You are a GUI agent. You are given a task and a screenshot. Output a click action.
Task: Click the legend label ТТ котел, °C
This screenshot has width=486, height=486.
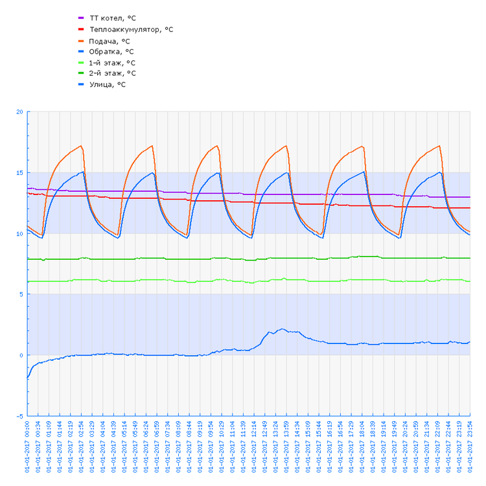[x=112, y=18]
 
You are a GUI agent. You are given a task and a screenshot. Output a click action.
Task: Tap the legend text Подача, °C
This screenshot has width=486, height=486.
[x=110, y=41]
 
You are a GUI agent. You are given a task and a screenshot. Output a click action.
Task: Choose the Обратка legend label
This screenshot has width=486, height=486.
[x=111, y=51]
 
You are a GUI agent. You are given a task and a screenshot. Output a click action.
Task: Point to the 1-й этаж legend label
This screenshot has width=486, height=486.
[x=112, y=63]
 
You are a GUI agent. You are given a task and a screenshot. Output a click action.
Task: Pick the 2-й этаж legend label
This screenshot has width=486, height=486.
[x=112, y=73]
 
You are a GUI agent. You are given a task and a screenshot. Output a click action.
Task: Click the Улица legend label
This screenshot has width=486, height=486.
[x=108, y=84]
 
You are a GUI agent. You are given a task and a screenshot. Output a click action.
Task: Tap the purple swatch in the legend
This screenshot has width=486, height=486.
[x=81, y=18]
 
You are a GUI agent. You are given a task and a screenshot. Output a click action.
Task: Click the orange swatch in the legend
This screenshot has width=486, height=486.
[x=81, y=41]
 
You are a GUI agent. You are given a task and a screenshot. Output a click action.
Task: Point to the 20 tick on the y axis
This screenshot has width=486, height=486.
[x=19, y=112]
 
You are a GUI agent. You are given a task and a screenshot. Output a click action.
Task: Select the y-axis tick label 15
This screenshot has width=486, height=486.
[x=19, y=173]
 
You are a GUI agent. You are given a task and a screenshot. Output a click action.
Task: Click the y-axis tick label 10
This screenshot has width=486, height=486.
[x=19, y=233]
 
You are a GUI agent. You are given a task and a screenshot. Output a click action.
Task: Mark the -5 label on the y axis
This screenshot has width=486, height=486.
[x=19, y=416]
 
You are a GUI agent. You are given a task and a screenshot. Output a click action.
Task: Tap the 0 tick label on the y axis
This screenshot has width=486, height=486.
[x=21, y=355]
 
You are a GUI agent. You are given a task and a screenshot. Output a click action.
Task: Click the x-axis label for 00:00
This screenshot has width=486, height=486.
[x=28, y=447]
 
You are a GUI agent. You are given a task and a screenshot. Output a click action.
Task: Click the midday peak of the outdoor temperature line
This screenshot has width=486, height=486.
[x=282, y=329]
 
